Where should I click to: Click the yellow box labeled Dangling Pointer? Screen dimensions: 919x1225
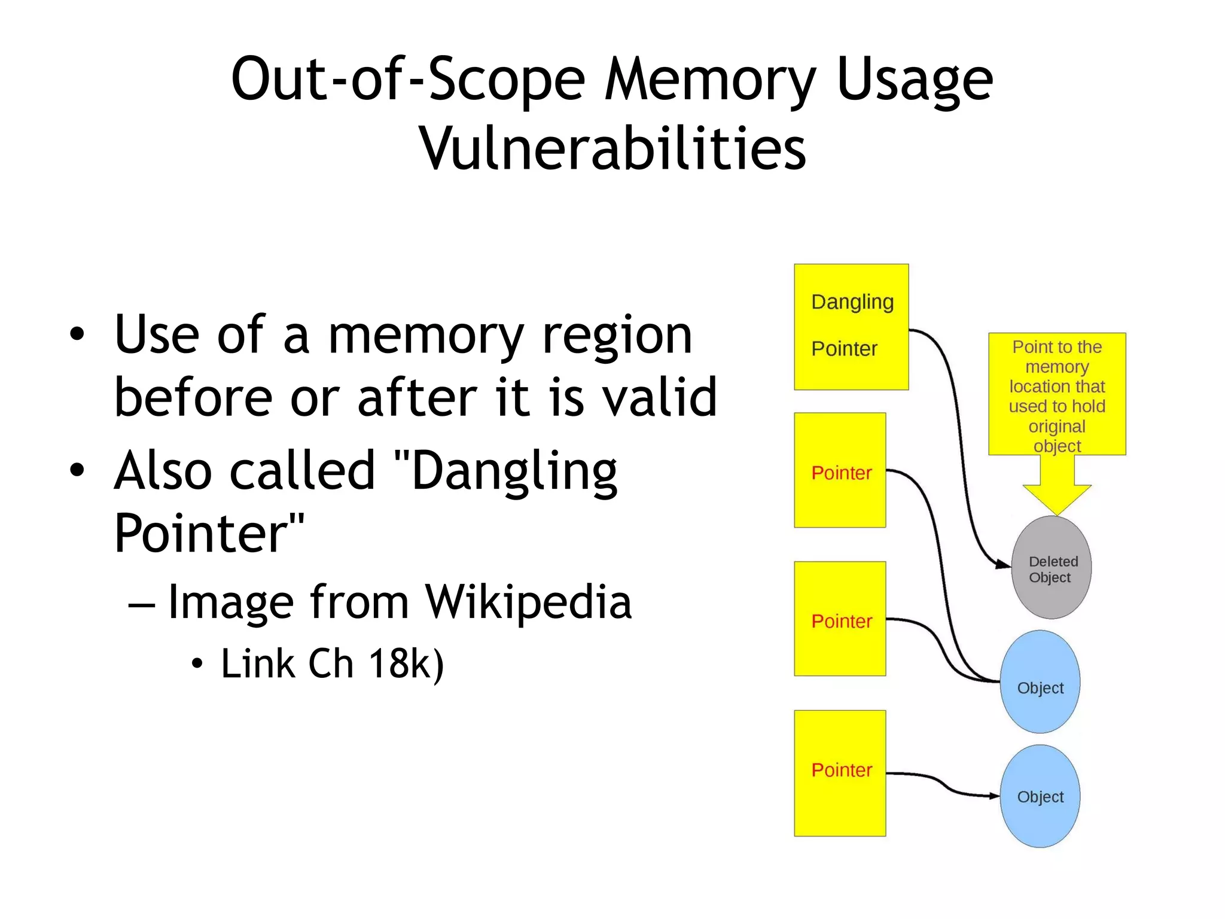click(x=851, y=327)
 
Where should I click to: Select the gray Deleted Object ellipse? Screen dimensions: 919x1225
click(x=1051, y=568)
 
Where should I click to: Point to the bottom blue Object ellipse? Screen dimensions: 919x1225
click(x=1040, y=796)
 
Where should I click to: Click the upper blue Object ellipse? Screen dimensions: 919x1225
click(x=1040, y=682)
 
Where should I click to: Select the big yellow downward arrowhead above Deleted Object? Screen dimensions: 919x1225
click(x=1057, y=498)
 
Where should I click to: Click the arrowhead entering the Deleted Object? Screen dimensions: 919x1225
click(x=1004, y=564)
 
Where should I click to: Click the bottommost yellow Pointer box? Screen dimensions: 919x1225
click(x=840, y=773)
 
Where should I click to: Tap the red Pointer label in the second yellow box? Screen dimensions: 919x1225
click(x=841, y=473)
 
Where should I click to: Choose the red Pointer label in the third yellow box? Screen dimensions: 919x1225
click(x=841, y=622)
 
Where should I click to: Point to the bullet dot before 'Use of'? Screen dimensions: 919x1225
click(x=77, y=334)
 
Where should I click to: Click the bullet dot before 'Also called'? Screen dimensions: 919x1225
click(x=77, y=470)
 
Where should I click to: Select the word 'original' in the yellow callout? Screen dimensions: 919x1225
click(x=1056, y=427)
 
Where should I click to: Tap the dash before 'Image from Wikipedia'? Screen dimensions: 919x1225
click(x=142, y=605)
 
